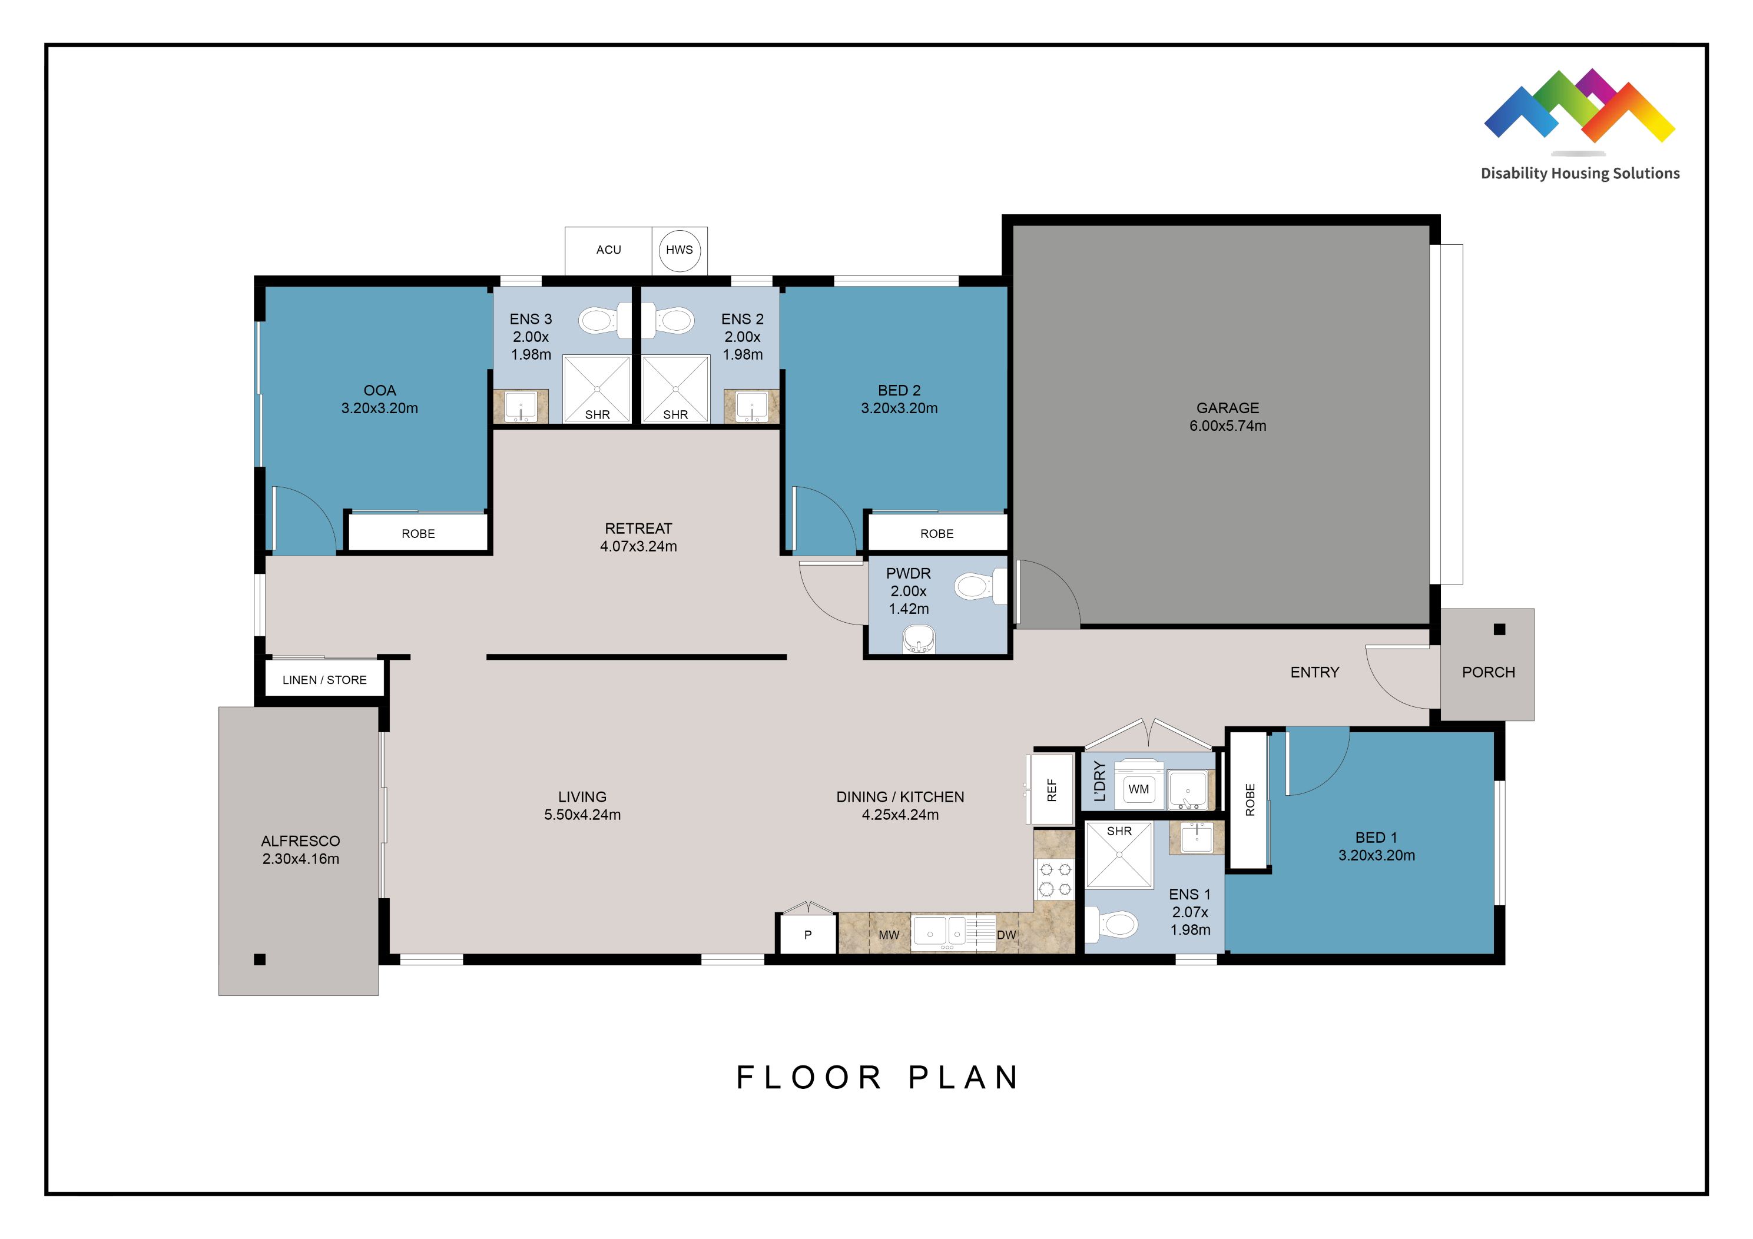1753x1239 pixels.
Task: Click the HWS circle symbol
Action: coord(679,250)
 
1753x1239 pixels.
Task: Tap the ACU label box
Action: coord(608,250)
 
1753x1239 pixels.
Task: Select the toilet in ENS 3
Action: coord(598,321)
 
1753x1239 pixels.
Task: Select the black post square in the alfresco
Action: coord(260,959)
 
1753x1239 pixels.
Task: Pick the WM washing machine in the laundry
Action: coord(1138,789)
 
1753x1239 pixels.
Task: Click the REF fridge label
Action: coord(1051,790)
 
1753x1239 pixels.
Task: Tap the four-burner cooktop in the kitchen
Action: coord(1055,879)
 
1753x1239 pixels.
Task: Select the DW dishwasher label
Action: coord(1006,935)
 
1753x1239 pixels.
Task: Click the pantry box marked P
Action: coord(808,935)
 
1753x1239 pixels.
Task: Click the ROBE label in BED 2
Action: coord(937,534)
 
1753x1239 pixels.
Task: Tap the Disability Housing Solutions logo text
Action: coord(1580,173)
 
